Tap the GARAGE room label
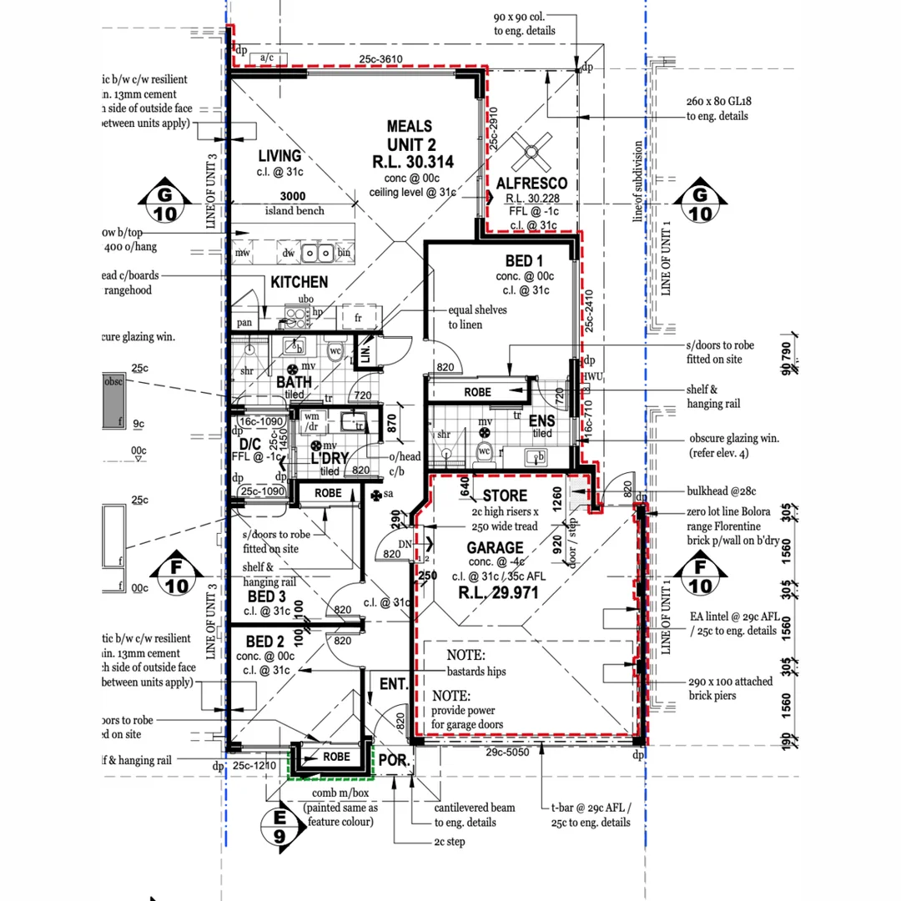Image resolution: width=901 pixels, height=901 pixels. tap(496, 548)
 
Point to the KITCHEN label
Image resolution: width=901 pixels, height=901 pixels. tap(299, 282)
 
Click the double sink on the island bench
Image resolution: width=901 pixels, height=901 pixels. tap(319, 253)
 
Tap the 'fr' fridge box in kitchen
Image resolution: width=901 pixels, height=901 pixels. tap(358, 318)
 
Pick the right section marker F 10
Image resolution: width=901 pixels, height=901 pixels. tap(701, 576)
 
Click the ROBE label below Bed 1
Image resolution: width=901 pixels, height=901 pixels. tap(478, 392)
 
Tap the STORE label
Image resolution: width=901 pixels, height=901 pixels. tap(505, 496)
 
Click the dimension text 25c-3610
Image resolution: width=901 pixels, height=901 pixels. tap(382, 59)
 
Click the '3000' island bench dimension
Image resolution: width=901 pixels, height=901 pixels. tap(291, 195)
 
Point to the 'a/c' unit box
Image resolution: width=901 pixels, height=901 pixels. tap(267, 57)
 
